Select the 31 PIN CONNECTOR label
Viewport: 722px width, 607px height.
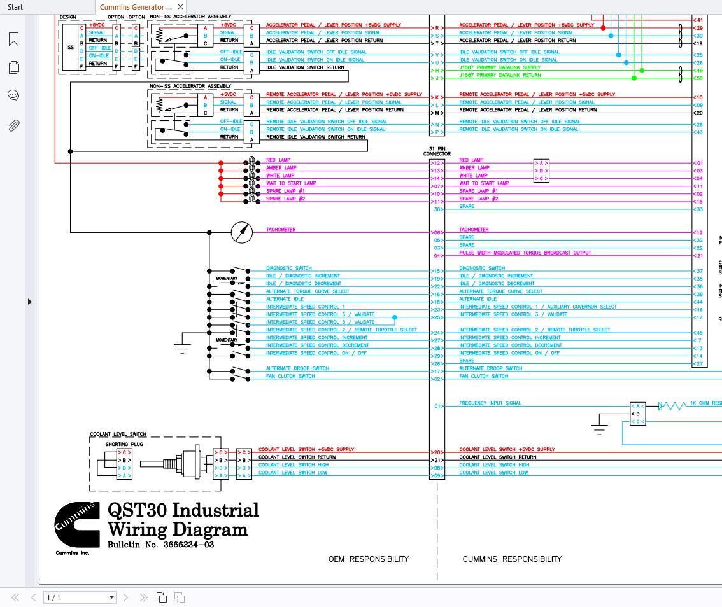(437, 151)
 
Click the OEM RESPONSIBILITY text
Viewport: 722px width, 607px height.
(368, 559)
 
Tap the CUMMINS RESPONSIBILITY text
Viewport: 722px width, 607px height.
(512, 559)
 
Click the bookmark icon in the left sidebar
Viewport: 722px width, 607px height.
(13, 39)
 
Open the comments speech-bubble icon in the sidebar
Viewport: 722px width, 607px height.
(13, 95)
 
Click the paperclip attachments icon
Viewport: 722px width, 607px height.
(13, 125)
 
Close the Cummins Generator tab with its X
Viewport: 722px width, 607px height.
(181, 7)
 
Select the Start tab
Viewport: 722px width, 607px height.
(15, 7)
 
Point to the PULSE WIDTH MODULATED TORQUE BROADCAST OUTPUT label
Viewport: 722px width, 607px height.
(525, 253)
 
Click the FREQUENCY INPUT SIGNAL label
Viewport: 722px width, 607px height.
(490, 403)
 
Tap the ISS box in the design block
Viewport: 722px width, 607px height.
(70, 47)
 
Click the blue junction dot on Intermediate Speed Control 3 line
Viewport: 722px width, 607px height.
(395, 317)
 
